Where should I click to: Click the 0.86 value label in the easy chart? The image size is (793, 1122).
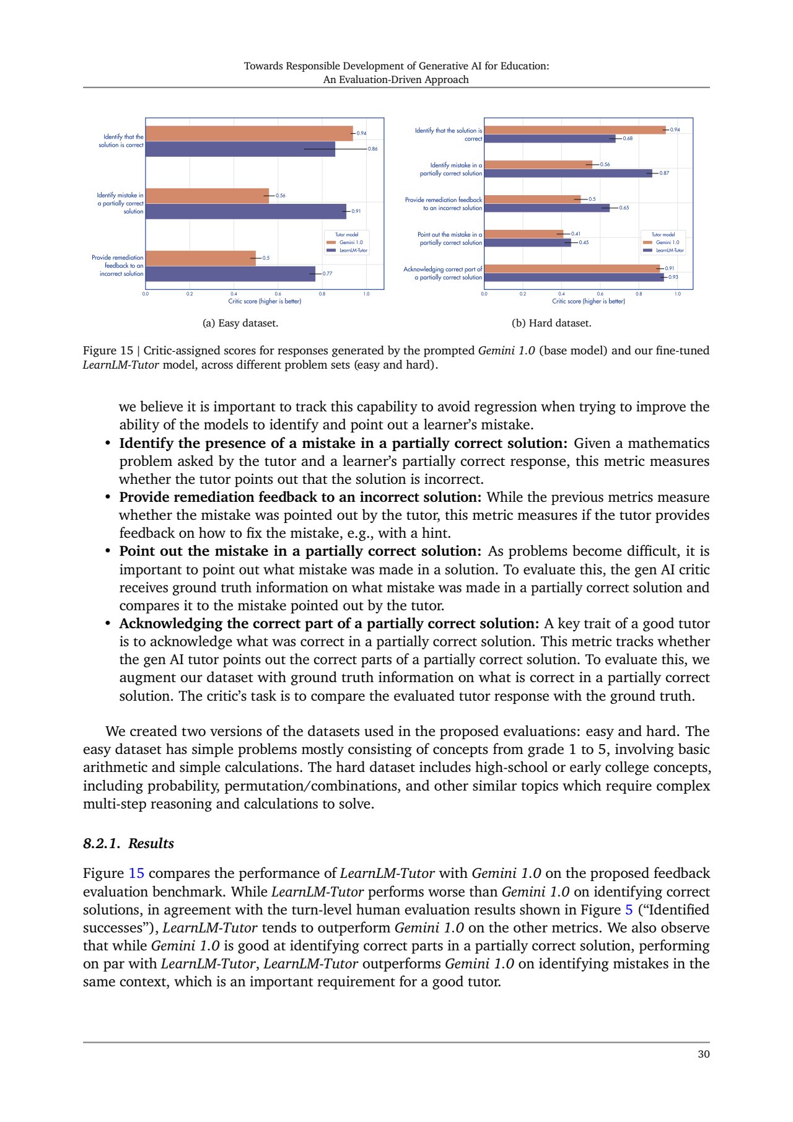click(x=372, y=149)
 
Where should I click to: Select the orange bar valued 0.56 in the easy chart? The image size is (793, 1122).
click(x=207, y=196)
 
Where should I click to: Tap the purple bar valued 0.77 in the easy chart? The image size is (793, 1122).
click(x=230, y=274)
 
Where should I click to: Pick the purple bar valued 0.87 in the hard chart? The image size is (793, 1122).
click(x=567, y=173)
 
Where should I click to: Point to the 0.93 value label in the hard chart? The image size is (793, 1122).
click(x=673, y=278)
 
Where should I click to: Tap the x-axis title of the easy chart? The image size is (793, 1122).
click(x=265, y=301)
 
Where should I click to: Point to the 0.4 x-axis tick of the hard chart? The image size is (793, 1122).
click(x=561, y=294)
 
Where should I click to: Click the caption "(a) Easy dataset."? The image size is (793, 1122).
click(x=240, y=323)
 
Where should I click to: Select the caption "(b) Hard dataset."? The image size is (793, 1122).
click(x=551, y=323)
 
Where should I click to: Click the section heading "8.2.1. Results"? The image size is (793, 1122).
click(x=128, y=844)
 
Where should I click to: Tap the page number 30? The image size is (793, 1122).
click(x=703, y=1054)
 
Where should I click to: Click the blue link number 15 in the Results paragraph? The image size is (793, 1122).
click(x=136, y=874)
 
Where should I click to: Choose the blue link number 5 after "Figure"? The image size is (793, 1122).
click(x=629, y=909)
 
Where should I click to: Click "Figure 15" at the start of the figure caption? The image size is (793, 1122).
click(x=108, y=351)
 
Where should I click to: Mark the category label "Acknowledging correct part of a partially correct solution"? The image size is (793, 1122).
click(x=442, y=273)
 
